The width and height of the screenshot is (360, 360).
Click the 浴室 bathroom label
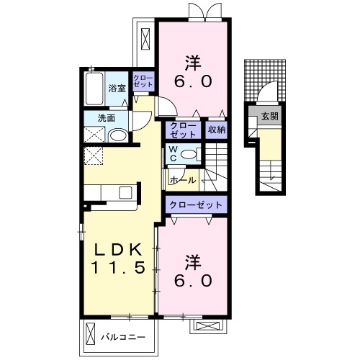pyautogui.click(x=117, y=89)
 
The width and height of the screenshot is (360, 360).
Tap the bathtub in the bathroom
pyautogui.click(x=94, y=88)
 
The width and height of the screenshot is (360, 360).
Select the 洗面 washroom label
pyautogui.click(x=107, y=118)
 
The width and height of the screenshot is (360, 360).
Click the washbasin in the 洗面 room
pyautogui.click(x=118, y=136)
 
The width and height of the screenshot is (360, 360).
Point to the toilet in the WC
pyautogui.click(x=190, y=154)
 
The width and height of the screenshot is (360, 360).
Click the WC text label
pyautogui.click(x=174, y=154)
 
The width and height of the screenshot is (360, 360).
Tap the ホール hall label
pyautogui.click(x=183, y=180)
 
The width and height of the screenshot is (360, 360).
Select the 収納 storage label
pyautogui.click(x=217, y=130)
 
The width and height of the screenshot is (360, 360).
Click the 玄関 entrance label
pyautogui.click(x=270, y=117)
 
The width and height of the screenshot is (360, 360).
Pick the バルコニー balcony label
pyautogui.click(x=123, y=337)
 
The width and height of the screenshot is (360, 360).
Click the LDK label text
pyautogui.click(x=117, y=250)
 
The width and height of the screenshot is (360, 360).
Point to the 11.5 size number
pyautogui.click(x=118, y=267)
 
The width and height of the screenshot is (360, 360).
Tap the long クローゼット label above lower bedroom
pyautogui.click(x=196, y=205)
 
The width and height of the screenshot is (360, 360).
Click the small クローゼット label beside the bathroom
pyautogui.click(x=143, y=81)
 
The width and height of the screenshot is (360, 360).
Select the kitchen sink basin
pyautogui.click(x=125, y=192)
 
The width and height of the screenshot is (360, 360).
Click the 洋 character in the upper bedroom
pyautogui.click(x=192, y=63)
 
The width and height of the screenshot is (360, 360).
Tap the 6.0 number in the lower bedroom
pyautogui.click(x=193, y=281)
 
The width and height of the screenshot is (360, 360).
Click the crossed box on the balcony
pyautogui.click(x=91, y=334)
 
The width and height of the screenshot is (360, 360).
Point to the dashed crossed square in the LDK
pyautogui.click(x=94, y=156)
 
